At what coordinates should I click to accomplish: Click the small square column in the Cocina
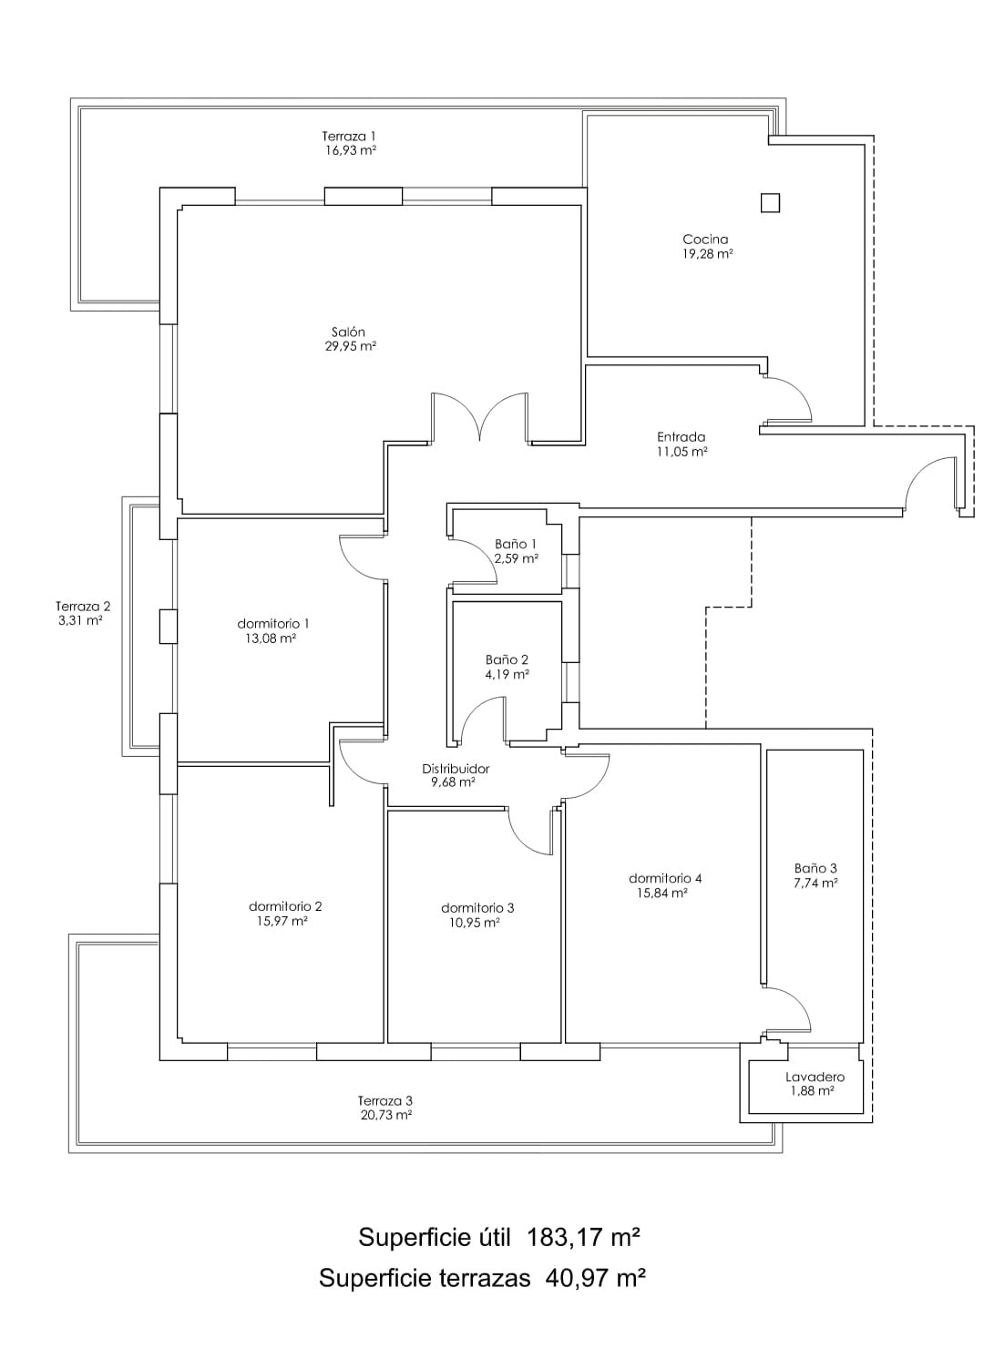770,203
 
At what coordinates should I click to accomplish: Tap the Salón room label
348,332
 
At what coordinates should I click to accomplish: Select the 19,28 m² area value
707,254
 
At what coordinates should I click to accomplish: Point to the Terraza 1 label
349,136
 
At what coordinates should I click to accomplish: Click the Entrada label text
681,436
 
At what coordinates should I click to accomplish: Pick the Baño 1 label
515,544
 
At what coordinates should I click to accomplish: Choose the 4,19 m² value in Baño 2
507,674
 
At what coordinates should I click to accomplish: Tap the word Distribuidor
456,769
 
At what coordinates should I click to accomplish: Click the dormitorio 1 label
273,623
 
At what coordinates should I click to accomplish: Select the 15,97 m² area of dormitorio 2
282,921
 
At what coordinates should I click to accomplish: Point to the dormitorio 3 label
477,907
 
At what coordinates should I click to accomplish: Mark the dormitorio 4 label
665,878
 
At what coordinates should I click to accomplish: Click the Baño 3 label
815,868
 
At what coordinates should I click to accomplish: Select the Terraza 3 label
385,1101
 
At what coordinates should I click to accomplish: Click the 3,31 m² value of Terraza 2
80,620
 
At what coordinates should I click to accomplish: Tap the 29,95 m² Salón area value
351,346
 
